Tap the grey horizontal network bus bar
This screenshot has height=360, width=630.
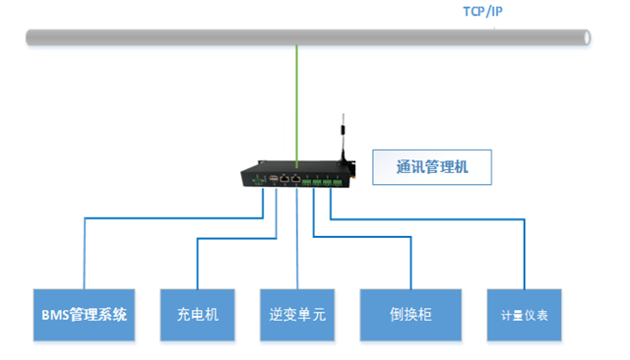coord(197,37)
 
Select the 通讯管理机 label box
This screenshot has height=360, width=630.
coord(430,167)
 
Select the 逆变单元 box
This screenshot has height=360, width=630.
coord(297,315)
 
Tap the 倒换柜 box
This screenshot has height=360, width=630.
coord(411,315)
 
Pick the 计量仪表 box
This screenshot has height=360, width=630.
coord(525,315)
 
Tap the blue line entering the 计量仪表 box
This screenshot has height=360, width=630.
coord(525,261)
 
